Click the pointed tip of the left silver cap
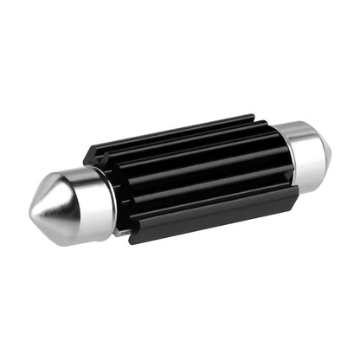coord(31,212)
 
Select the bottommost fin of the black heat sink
coord(216,216)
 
